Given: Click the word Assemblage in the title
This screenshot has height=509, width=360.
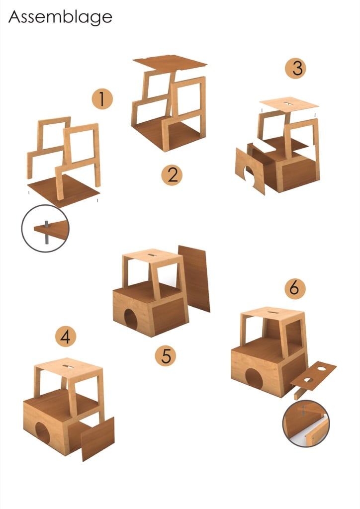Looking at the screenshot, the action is click(x=60, y=17).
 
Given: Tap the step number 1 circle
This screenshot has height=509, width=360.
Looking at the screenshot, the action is click(x=102, y=99).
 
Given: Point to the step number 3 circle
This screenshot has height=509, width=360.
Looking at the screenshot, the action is click(x=296, y=68).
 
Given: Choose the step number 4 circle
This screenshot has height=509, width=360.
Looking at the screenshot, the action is click(x=66, y=337).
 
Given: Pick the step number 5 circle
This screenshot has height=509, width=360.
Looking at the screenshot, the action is click(x=166, y=355).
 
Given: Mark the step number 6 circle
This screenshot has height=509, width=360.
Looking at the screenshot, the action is click(x=295, y=288).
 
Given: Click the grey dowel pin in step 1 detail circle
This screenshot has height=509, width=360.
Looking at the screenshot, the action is click(x=46, y=232).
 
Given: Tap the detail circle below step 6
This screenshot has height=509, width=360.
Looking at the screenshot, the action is click(x=306, y=424).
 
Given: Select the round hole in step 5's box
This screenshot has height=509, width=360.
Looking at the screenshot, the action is click(x=131, y=320).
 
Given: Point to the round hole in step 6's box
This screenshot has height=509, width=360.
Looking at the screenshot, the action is click(x=254, y=378).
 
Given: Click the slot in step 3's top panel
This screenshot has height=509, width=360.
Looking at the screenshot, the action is click(x=287, y=104).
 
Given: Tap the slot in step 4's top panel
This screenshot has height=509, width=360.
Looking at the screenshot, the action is click(x=69, y=366).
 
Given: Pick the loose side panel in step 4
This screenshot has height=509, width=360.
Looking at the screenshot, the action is click(x=98, y=439).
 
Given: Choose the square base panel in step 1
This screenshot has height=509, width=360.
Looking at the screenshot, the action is click(x=63, y=191).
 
